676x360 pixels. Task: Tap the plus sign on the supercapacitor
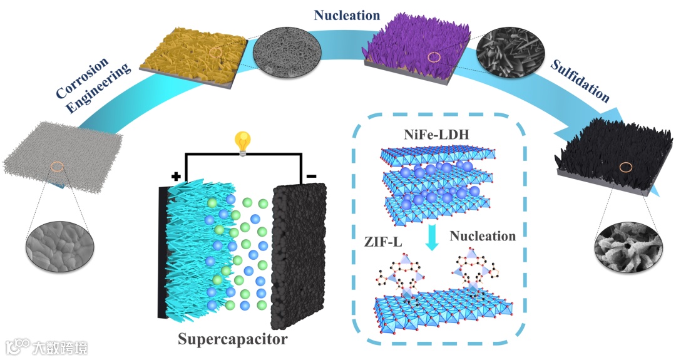point(176,177)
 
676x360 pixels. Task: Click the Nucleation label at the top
point(348,15)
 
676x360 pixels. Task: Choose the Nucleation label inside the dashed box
point(483,236)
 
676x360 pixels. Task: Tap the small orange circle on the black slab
point(625,167)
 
